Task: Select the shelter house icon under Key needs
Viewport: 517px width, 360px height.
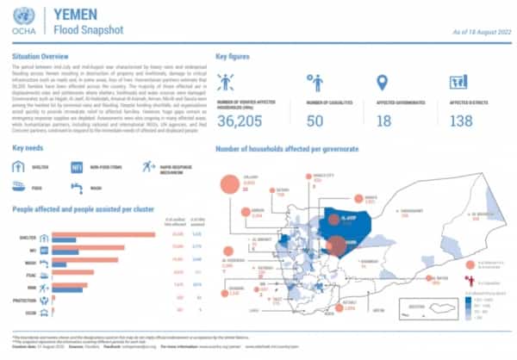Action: coord(20,168)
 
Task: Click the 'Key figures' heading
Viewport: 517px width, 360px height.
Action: coord(234,54)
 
